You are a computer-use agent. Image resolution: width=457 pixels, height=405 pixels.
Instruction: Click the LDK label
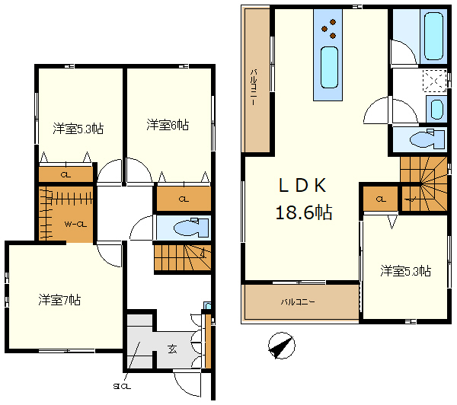(302, 185)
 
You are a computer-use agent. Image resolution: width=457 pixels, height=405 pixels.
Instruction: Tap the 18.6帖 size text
(304, 212)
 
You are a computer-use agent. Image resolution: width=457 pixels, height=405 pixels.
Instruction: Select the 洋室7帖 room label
(59, 300)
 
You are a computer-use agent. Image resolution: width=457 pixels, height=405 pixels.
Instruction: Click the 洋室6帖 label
(168, 125)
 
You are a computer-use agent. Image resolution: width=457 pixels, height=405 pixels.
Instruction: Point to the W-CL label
(75, 224)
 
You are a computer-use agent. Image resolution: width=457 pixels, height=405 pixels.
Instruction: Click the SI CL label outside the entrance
(122, 387)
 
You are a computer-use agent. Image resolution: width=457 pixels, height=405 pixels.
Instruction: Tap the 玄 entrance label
(172, 349)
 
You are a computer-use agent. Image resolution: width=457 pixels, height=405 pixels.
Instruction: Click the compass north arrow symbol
(281, 346)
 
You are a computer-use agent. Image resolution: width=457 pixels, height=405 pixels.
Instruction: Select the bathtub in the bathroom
(433, 36)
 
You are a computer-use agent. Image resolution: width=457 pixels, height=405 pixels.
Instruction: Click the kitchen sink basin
(329, 67)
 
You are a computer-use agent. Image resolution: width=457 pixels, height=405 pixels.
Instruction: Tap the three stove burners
(329, 29)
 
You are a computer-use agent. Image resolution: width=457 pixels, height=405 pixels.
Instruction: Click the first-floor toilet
(191, 228)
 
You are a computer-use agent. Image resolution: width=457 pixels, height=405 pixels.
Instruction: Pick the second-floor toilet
(427, 139)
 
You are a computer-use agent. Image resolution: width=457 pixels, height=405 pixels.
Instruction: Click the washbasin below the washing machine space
(436, 110)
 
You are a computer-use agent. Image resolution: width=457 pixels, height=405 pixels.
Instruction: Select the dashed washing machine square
(435, 81)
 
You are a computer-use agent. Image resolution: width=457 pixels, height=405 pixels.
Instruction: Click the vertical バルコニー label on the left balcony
(254, 87)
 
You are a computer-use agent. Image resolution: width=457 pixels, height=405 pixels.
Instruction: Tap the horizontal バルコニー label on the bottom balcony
(298, 302)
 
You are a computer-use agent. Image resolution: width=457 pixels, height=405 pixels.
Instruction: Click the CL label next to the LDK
(381, 199)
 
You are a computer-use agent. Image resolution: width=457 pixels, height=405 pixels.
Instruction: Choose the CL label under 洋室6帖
(184, 199)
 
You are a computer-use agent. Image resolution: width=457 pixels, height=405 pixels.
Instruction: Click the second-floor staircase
(423, 184)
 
